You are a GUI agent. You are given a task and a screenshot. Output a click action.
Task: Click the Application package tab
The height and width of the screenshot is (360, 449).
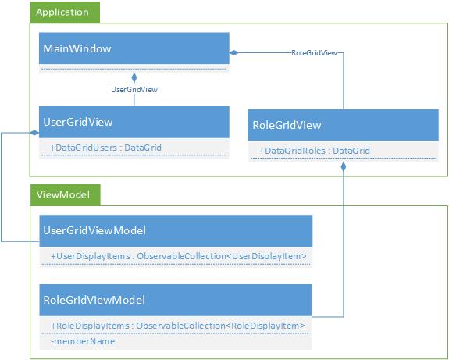[65, 12]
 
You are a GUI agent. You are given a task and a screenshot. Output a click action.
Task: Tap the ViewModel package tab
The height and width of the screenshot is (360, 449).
[66, 195]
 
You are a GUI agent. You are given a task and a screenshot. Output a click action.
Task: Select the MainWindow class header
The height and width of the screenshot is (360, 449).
[134, 48]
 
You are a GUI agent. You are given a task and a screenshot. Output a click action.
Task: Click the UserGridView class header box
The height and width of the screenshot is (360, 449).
[134, 122]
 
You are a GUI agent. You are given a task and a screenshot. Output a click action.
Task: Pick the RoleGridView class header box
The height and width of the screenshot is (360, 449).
[344, 125]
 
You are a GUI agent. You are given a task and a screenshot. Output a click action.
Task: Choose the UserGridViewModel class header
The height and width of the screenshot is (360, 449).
[176, 230]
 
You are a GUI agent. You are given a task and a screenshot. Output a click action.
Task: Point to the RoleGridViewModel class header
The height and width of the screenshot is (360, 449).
[176, 300]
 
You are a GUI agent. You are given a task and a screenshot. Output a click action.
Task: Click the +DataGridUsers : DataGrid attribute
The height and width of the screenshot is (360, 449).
[105, 148]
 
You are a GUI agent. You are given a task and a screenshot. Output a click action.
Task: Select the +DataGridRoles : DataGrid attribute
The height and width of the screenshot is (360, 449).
[315, 151]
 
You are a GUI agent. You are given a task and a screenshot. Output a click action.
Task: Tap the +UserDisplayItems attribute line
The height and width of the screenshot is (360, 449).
[179, 256]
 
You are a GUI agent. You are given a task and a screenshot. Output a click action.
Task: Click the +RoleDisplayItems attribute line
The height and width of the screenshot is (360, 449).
[178, 326]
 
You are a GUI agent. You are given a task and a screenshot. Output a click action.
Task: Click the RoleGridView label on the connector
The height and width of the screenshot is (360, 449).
[314, 53]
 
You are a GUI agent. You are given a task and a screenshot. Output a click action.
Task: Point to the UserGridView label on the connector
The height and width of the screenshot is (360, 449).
[134, 90]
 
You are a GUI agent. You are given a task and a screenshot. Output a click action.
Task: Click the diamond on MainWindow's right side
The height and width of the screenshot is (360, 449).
[234, 52]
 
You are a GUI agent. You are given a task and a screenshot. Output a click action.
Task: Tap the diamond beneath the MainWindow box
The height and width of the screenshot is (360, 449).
[134, 77]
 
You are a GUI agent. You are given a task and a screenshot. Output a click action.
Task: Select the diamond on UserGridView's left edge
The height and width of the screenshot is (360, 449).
[34, 133]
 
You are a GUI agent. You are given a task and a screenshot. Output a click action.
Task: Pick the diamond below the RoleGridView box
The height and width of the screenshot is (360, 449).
[343, 167]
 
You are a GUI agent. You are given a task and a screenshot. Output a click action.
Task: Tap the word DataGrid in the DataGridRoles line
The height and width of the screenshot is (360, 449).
[351, 151]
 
